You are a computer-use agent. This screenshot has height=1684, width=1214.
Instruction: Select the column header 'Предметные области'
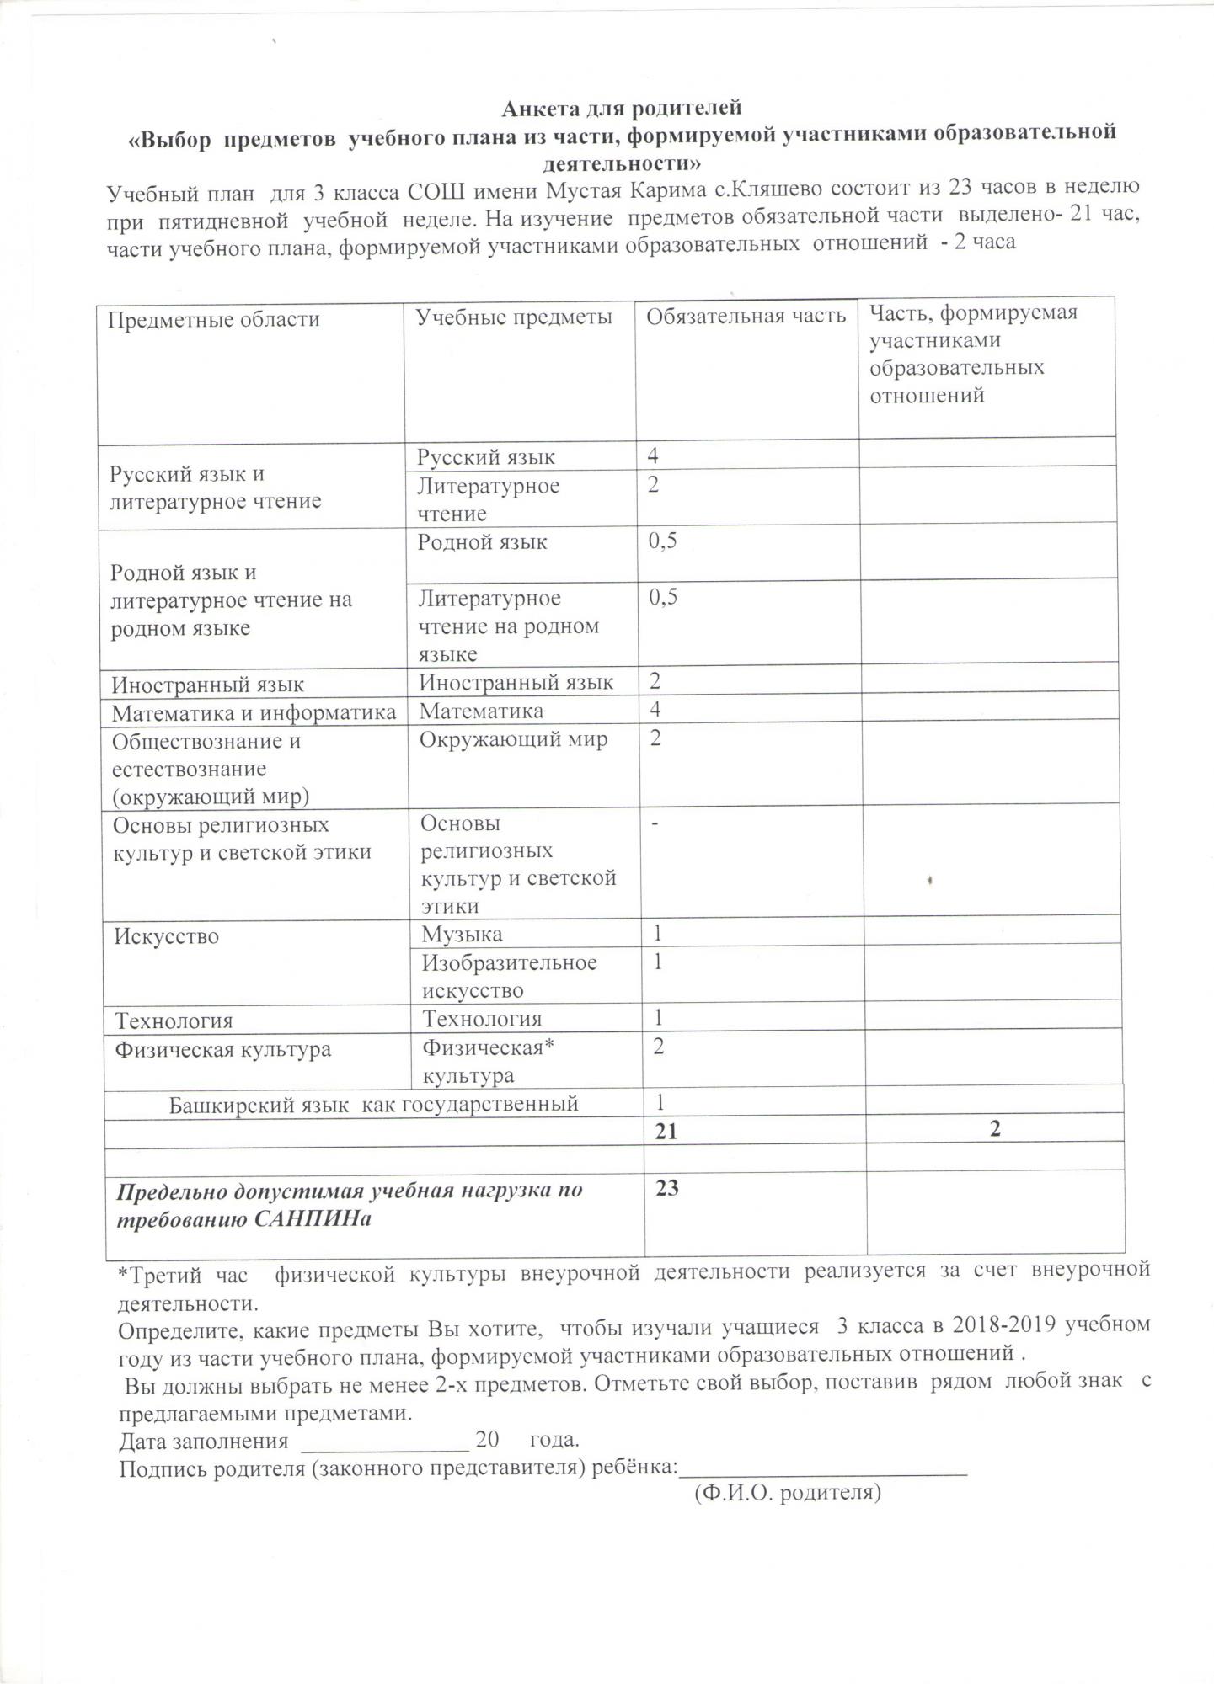[214, 320]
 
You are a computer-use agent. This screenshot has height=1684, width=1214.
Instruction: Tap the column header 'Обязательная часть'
[746, 316]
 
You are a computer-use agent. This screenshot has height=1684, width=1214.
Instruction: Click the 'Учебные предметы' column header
[515, 317]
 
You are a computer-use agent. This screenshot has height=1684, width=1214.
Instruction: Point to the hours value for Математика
[655, 710]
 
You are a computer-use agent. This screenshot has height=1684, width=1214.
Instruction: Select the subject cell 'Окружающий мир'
[514, 740]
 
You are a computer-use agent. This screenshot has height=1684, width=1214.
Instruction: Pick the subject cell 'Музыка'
[463, 934]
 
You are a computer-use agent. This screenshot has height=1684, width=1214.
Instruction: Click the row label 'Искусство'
[167, 936]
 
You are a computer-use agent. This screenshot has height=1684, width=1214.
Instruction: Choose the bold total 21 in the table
[666, 1132]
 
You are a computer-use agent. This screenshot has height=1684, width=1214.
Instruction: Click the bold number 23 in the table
[667, 1188]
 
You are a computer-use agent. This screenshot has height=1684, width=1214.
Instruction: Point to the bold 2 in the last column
[995, 1129]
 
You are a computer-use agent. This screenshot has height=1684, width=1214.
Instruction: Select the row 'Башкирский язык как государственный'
[374, 1104]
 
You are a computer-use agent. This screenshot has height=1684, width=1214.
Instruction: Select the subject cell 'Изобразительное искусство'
[509, 976]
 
